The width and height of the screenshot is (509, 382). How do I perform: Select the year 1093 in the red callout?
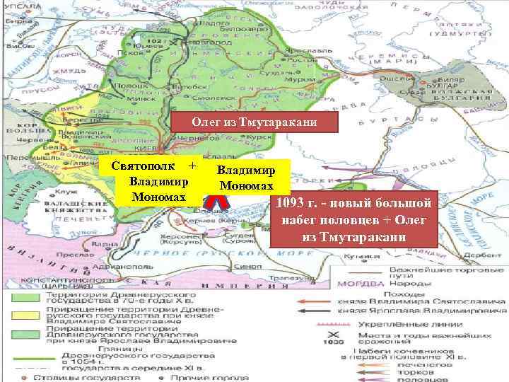(292, 204)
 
